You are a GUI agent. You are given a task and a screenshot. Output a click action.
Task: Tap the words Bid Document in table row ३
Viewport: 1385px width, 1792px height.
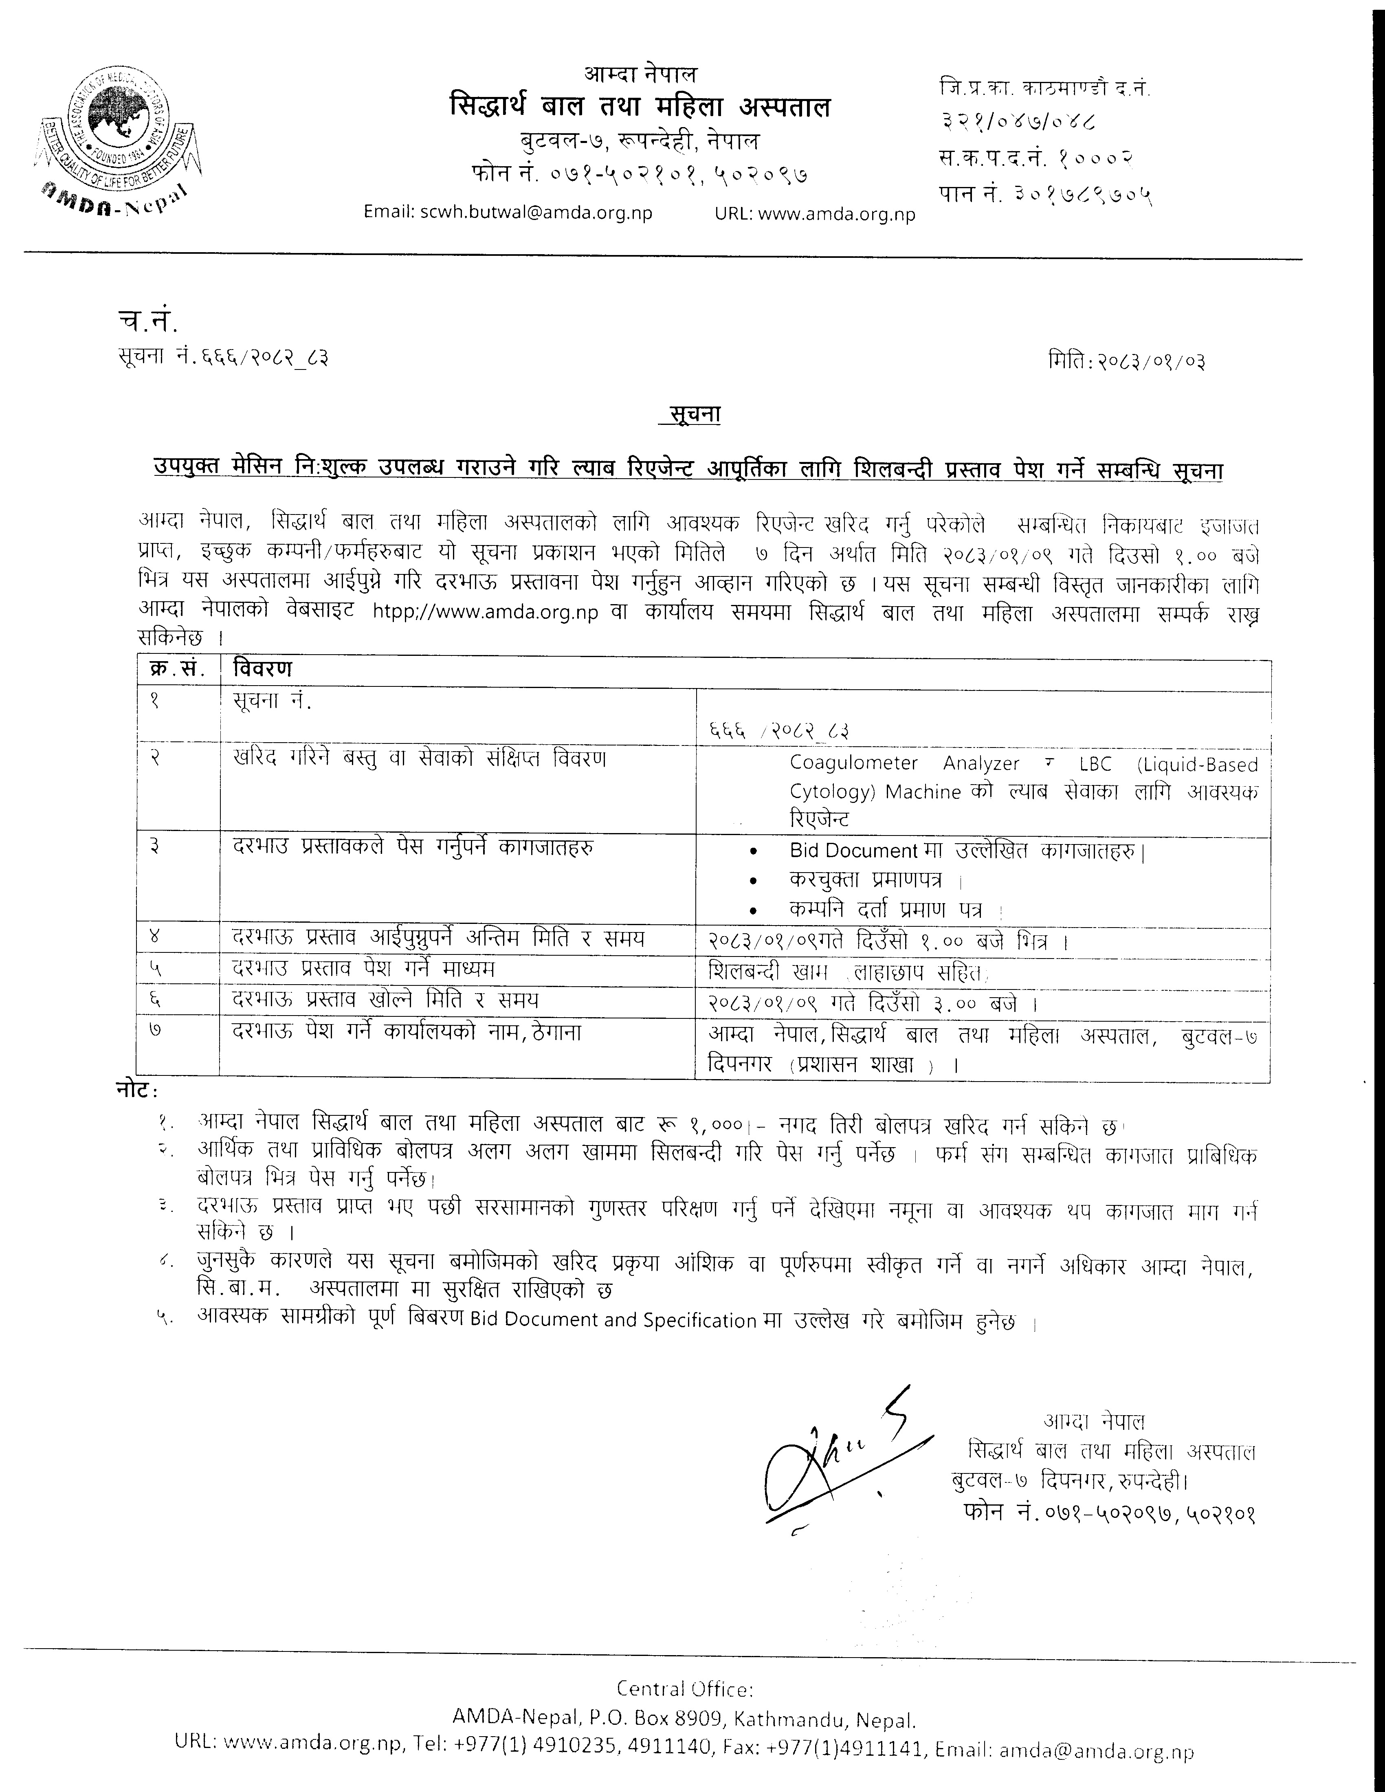coord(853,851)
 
